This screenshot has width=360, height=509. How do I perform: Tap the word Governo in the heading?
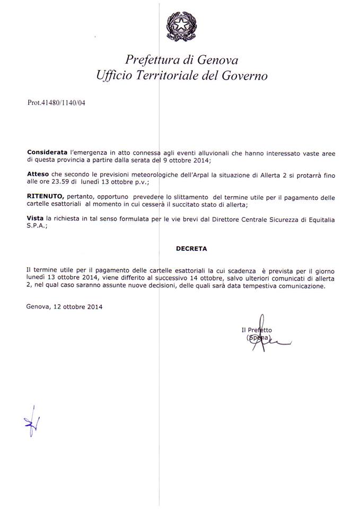(241, 75)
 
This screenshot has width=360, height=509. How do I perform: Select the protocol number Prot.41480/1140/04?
(56, 103)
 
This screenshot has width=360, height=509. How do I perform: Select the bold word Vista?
(35, 218)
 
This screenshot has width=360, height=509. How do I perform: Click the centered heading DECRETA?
(192, 248)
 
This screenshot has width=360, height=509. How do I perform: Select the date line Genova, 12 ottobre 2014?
(64, 306)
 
